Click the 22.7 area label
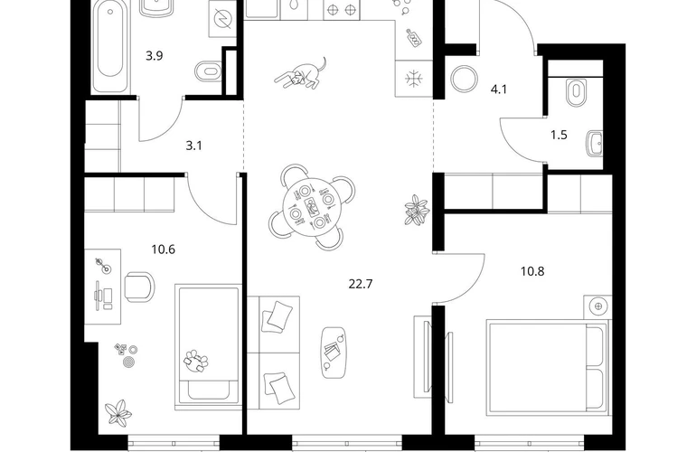[361, 284]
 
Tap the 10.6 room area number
[163, 250]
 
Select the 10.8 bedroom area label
[532, 271]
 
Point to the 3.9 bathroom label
[155, 56]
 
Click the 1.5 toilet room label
[559, 135]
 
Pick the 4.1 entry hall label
[498, 89]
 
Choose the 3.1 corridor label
[194, 146]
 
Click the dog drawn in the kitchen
[300, 74]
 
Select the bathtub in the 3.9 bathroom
[110, 46]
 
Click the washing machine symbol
[221, 19]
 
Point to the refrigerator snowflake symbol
[414, 79]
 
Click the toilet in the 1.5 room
[576, 92]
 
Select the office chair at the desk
[139, 287]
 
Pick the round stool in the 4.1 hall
[465, 79]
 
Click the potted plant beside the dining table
[417, 209]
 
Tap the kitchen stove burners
[341, 9]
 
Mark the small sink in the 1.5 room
[595, 144]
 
